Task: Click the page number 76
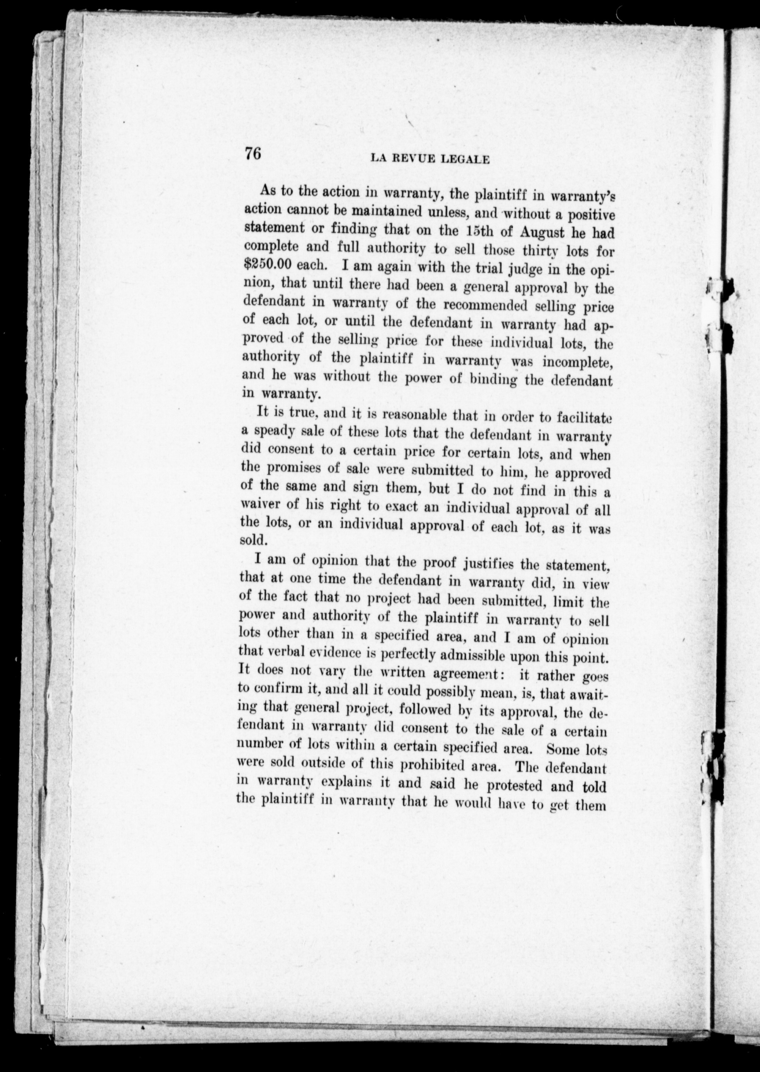pos(252,153)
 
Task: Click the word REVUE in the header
pos(411,159)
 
